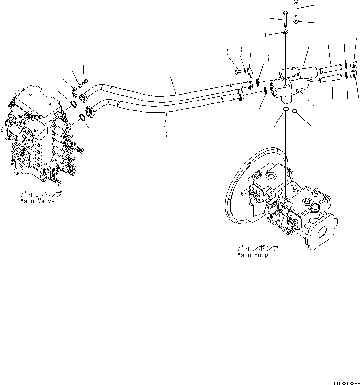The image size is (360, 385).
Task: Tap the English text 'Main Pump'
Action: click(252, 255)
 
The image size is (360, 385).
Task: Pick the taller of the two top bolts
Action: click(296, 9)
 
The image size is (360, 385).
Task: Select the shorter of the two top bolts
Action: click(284, 20)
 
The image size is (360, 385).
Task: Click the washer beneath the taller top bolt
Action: click(296, 22)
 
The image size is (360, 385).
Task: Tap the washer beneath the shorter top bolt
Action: click(284, 33)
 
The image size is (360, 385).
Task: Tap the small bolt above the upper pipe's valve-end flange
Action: click(85, 81)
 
